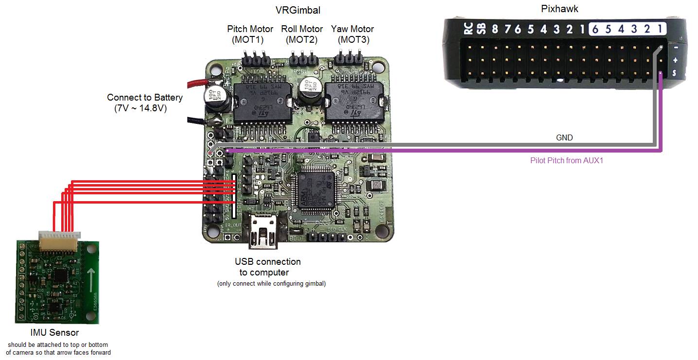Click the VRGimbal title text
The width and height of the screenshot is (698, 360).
[298, 10]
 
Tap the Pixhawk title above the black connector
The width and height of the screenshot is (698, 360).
[559, 9]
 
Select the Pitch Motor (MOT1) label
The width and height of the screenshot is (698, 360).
[250, 34]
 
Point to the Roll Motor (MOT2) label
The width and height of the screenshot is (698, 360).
[302, 34]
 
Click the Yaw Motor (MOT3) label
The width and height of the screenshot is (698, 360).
[353, 34]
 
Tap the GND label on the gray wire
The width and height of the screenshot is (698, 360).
[564, 138]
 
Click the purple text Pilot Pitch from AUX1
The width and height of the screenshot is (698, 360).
[566, 160]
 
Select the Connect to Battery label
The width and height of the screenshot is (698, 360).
[145, 103]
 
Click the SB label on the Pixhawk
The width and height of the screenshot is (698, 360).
[481, 30]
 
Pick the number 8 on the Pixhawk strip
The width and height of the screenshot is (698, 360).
[494, 30]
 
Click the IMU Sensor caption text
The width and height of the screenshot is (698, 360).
[54, 333]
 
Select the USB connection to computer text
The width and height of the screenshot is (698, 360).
[268, 267]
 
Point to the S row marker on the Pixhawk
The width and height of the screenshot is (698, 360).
[675, 73]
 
